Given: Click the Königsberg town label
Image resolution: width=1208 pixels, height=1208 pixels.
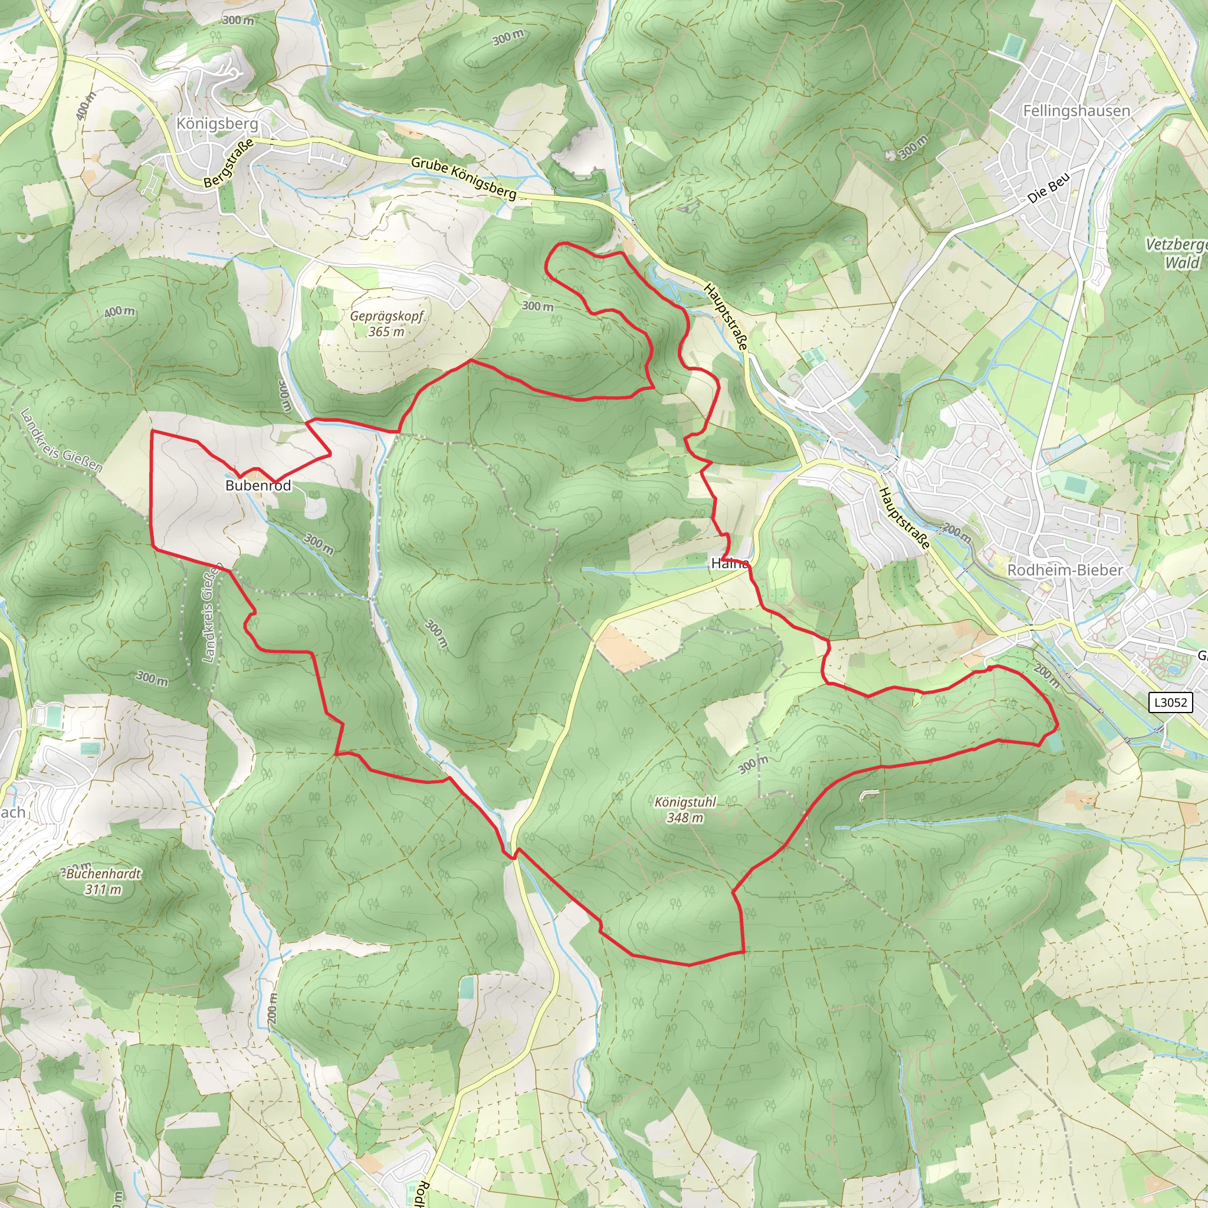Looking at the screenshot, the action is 217,123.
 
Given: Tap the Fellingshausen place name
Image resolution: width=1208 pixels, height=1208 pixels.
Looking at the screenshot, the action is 1076,111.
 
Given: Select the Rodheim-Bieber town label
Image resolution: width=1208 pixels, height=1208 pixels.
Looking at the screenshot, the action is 1064,570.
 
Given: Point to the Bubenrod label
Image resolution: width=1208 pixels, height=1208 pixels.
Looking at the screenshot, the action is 258,485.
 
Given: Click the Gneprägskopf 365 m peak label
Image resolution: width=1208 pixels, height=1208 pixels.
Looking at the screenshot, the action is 386,323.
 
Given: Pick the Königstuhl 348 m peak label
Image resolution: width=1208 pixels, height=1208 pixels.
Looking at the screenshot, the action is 685,810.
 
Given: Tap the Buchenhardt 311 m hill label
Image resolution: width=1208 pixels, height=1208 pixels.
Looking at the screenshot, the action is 104,881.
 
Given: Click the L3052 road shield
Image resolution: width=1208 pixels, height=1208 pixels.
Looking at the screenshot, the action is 1170,702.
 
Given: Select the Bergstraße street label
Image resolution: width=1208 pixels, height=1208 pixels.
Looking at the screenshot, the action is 229,163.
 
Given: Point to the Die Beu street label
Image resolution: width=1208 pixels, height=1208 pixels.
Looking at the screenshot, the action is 1049,187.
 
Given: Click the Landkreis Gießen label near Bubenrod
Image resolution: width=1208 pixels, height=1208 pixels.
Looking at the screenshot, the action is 61,439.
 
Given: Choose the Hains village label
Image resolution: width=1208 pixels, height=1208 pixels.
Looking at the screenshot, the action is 730,563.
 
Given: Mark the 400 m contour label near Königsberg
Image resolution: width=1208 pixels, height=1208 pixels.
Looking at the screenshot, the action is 86,106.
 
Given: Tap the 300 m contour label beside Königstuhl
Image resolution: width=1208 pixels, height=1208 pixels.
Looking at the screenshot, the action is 753,764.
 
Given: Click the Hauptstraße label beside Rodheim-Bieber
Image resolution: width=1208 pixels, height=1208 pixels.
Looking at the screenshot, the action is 904,518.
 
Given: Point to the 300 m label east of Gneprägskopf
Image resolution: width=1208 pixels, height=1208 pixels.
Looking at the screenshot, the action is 538,306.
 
